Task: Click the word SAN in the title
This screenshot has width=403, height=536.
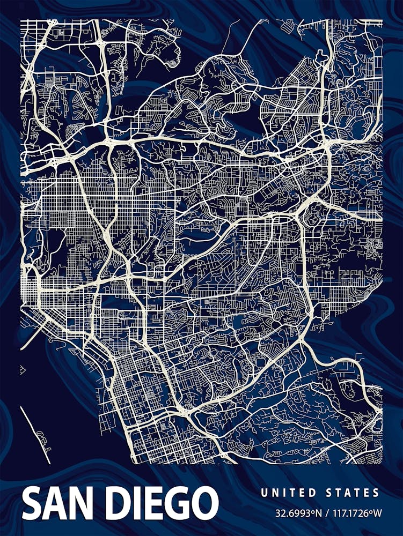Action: (59, 504)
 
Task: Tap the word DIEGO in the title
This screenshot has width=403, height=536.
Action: (160, 504)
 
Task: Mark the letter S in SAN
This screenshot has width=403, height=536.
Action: (33, 504)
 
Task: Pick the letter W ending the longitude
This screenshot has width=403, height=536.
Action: (378, 513)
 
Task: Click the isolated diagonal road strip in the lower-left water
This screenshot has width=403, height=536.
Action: (35, 434)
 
